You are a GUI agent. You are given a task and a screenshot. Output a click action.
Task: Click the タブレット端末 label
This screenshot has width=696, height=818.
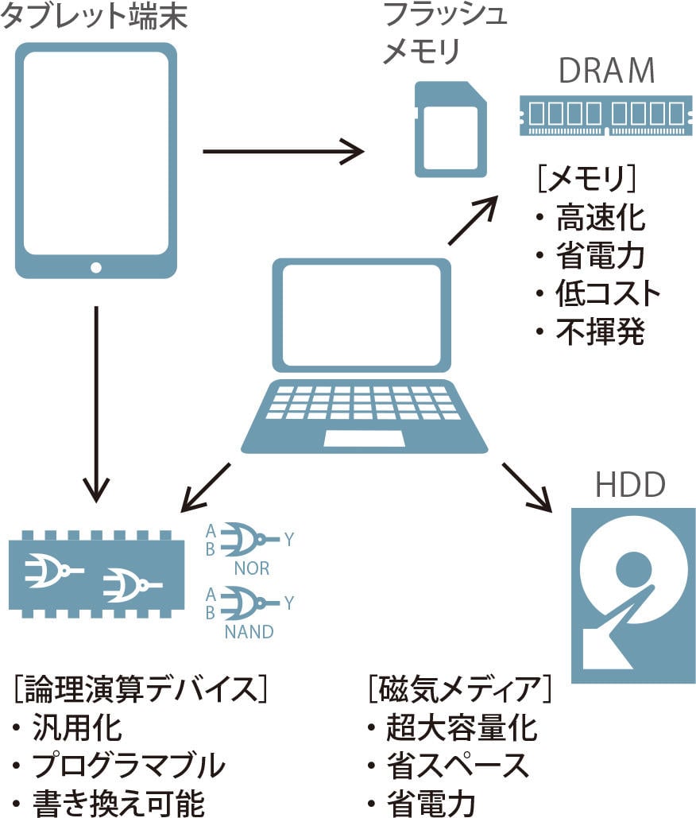pos(94,17)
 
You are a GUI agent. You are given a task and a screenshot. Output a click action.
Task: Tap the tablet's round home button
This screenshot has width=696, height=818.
pos(96,267)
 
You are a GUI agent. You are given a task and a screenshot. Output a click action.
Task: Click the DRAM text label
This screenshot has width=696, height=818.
pos(607,71)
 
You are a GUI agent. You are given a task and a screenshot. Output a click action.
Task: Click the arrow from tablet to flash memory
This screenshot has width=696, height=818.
pos(282,150)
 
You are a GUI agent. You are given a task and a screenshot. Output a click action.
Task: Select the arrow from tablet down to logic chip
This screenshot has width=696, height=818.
pos(96,405)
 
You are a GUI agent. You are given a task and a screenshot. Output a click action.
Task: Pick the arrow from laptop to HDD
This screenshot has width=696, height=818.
pos(526,486)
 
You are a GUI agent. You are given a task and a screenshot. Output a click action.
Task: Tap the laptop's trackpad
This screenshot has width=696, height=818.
pos(364,438)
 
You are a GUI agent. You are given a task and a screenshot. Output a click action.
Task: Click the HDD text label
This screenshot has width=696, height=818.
pos(630,484)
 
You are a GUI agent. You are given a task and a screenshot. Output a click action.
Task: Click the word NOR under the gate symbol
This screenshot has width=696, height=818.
pos(251,568)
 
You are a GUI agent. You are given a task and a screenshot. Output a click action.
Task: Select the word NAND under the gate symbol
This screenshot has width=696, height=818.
pos(249,632)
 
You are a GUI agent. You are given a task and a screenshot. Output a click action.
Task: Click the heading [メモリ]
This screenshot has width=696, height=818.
pos(586,179)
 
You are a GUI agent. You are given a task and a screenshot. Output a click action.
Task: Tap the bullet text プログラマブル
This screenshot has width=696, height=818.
pos(128,766)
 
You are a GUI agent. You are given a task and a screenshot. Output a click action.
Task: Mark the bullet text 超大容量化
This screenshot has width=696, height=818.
pos(462,727)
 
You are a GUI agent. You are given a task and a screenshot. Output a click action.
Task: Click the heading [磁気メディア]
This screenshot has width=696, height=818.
pos(459,688)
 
